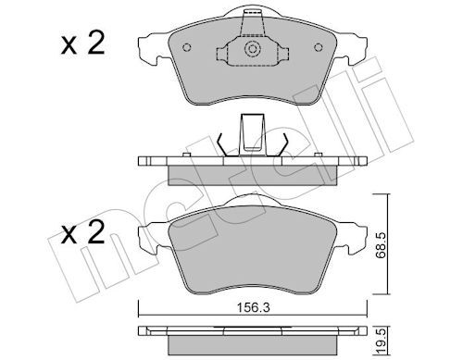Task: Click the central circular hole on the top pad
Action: [x=250, y=52]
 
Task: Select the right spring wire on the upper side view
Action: [x=284, y=143]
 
